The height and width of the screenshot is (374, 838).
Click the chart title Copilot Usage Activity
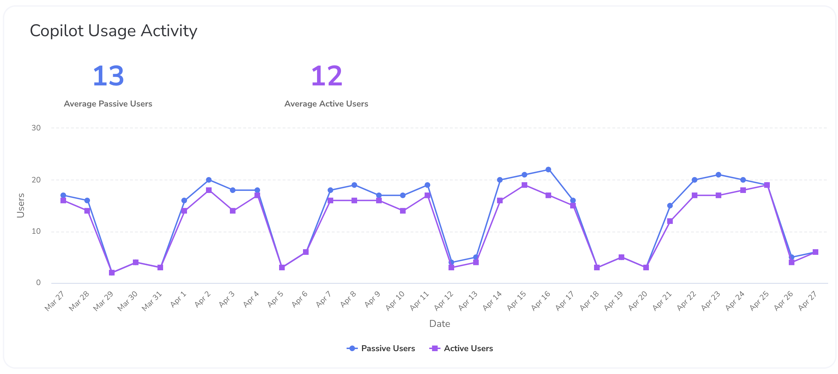tap(113, 31)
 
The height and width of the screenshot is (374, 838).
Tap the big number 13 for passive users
tap(108, 76)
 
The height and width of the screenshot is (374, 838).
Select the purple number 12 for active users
tap(327, 76)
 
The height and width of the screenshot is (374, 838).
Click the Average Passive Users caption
tap(108, 104)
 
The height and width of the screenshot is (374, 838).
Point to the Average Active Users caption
tap(326, 104)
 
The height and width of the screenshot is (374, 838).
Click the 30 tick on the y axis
tap(36, 128)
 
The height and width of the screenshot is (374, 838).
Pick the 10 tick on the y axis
tap(36, 231)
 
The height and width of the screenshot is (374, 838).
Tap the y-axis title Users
tap(21, 205)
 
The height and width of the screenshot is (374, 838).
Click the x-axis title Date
tap(439, 324)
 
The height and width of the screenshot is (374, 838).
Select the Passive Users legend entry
tap(381, 348)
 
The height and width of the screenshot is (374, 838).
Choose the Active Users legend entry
tap(461, 348)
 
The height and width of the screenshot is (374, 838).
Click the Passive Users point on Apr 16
tap(548, 170)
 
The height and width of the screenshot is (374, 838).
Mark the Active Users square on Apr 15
tap(524, 185)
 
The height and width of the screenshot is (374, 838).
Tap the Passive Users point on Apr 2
tap(209, 180)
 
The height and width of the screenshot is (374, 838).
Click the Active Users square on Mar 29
tap(112, 273)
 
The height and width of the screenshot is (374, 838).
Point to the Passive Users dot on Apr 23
tap(718, 175)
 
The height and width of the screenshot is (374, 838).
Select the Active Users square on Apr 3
tap(233, 211)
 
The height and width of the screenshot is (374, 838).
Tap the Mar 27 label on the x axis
tap(54, 301)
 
